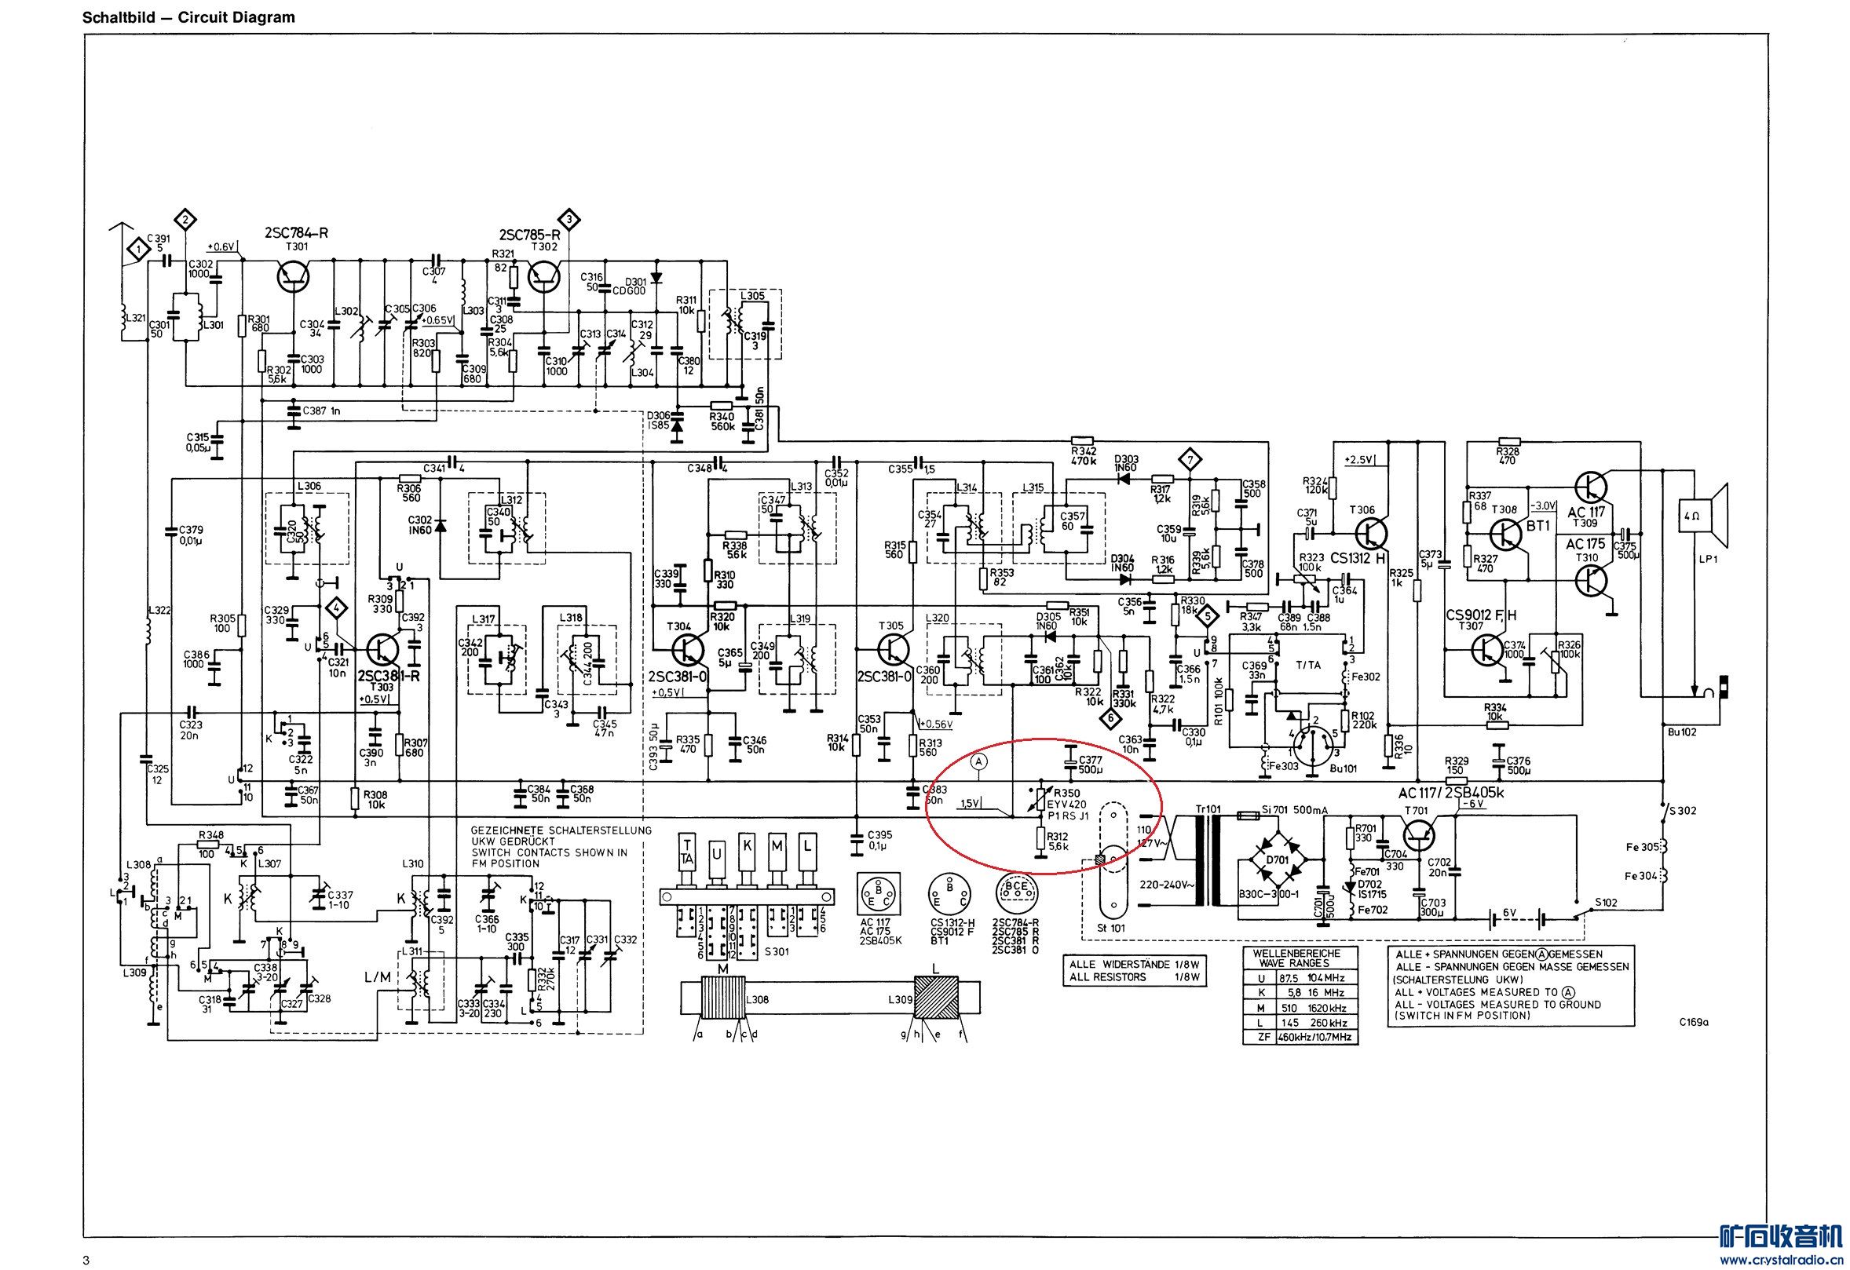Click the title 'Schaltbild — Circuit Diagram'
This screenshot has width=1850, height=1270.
point(188,16)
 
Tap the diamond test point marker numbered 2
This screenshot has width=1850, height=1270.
point(185,219)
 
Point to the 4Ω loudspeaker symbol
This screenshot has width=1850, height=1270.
point(1704,516)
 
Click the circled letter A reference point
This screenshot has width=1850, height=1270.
point(980,761)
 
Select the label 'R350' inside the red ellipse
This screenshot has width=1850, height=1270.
point(1066,793)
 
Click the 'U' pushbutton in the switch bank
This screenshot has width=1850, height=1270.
point(718,855)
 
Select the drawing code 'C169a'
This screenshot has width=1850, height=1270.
point(1695,1023)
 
